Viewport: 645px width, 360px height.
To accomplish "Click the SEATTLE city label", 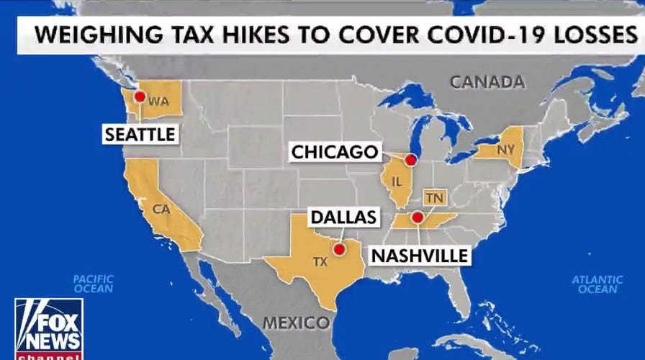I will click(140, 134).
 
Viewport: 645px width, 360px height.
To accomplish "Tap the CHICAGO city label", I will click(335, 152).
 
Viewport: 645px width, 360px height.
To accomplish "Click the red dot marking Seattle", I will click(139, 95).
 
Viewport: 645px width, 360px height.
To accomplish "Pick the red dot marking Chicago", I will click(410, 160).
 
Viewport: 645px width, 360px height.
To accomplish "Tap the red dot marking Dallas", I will click(339, 250).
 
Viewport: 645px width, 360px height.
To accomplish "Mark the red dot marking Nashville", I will click(417, 217).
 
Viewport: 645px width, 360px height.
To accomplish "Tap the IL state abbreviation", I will click(397, 182).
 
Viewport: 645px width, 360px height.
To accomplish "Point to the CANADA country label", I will click(487, 82).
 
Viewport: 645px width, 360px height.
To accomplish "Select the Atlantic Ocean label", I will click(597, 284).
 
